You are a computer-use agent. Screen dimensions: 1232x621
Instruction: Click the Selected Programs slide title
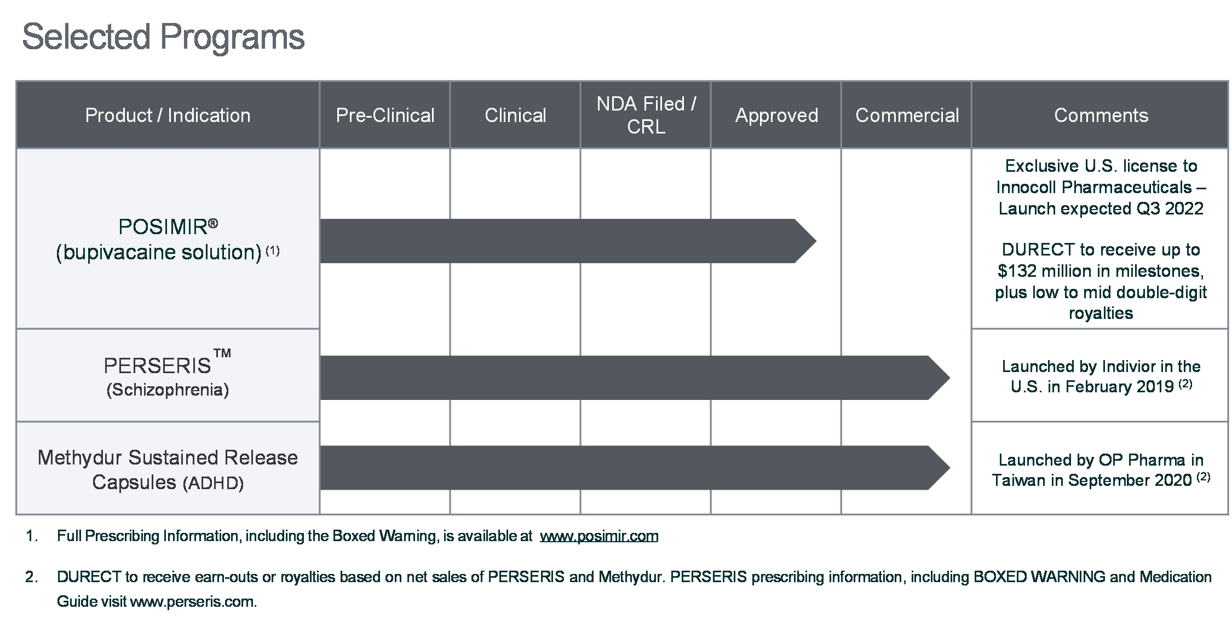(163, 38)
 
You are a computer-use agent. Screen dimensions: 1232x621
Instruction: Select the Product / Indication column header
(168, 115)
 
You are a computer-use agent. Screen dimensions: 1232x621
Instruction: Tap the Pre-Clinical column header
(385, 115)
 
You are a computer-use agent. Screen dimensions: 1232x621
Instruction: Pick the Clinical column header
(515, 115)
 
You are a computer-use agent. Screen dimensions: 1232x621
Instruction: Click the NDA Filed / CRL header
(646, 115)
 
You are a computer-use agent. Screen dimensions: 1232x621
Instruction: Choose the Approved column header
(776, 115)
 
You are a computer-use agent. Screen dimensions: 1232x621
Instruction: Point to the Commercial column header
(907, 115)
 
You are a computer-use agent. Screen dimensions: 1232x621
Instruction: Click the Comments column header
(1101, 115)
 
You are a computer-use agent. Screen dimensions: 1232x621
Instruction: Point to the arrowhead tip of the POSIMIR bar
(816, 241)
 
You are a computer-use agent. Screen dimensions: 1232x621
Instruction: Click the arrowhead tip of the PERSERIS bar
(949, 378)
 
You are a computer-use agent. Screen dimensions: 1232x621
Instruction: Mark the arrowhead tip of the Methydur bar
(949, 468)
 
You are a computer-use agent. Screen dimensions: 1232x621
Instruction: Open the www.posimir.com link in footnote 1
(599, 536)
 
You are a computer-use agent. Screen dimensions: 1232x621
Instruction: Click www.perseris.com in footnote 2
(193, 602)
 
